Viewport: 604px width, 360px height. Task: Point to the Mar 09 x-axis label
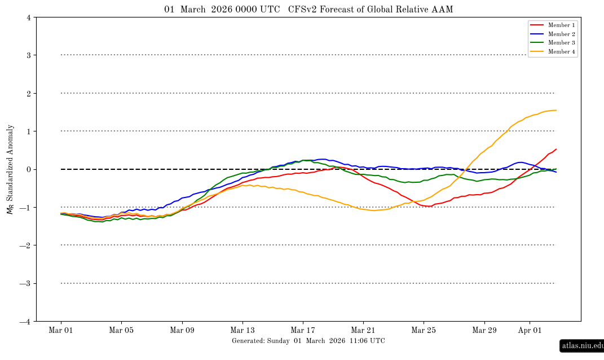[x=182, y=330]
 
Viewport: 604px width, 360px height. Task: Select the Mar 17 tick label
[x=303, y=330]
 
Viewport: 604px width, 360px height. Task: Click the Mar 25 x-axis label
[x=424, y=330]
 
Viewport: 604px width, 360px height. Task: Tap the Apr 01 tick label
[x=530, y=330]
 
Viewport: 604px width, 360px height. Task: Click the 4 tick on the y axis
[x=28, y=17]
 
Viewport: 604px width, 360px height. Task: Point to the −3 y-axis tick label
[x=26, y=283]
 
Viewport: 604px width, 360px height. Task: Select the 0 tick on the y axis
[x=28, y=169]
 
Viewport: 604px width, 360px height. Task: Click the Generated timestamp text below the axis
[x=308, y=341]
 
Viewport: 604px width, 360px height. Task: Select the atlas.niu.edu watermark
[x=582, y=345]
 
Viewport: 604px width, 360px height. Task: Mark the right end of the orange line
[x=556, y=110]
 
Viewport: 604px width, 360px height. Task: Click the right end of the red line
[x=556, y=150]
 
